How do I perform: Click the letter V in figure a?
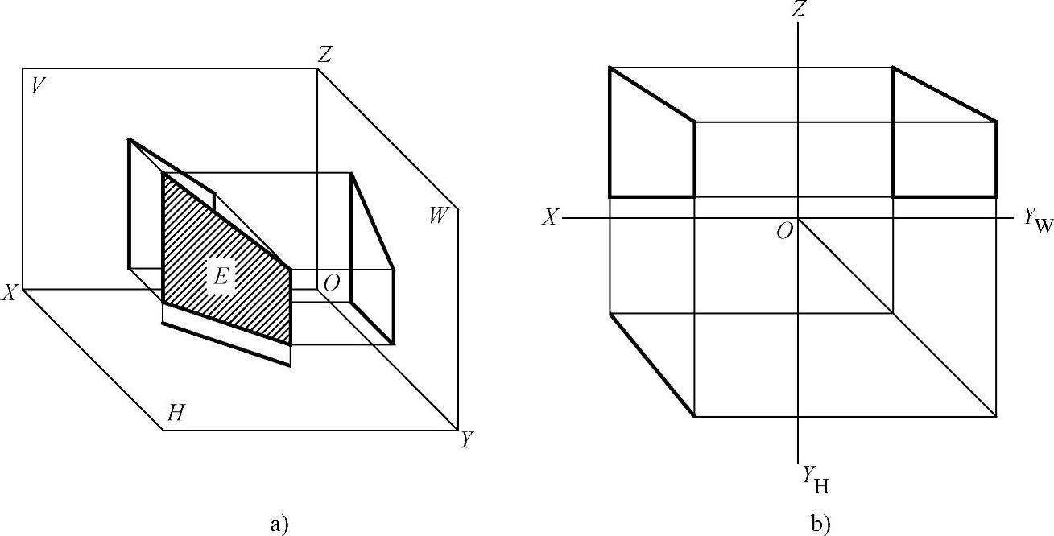[x=36, y=85]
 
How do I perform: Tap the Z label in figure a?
[x=324, y=55]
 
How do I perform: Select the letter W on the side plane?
[x=438, y=216]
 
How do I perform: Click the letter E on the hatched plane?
[x=220, y=277]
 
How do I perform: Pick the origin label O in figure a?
[x=330, y=283]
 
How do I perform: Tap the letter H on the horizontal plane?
[x=176, y=414]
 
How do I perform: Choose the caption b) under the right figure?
[x=820, y=526]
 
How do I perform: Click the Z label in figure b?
[x=798, y=10]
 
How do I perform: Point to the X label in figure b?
[x=549, y=218]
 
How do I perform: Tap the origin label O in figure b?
[x=783, y=232]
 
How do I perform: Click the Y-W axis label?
[x=1038, y=221]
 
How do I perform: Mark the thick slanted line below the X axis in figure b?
[x=651, y=364]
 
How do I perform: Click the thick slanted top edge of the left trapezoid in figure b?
[x=652, y=95]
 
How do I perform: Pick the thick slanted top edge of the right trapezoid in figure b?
[x=944, y=95]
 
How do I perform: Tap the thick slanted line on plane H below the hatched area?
[x=226, y=344]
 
